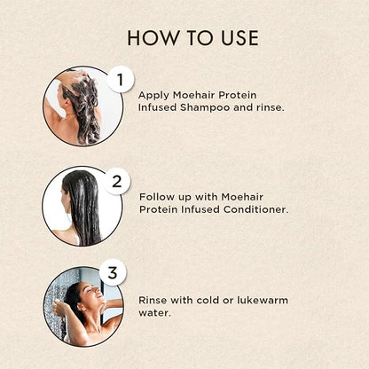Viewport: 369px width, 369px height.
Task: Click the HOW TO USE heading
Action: (192, 37)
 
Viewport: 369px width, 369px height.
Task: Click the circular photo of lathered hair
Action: (81, 106)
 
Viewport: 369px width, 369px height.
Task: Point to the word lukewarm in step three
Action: (259, 300)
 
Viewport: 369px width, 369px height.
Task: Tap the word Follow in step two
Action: (158, 195)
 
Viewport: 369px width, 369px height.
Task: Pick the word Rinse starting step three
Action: (155, 300)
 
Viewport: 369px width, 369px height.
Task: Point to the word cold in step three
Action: (216, 300)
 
